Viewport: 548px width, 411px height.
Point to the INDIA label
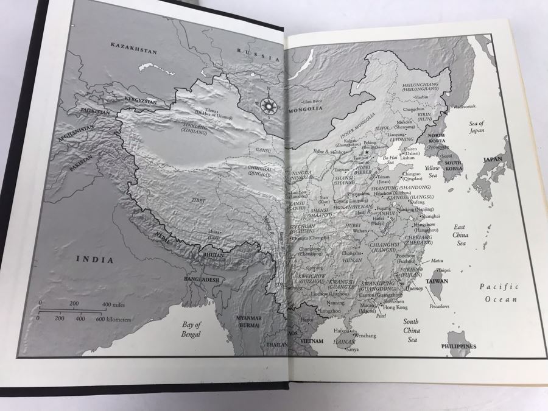tap(94, 260)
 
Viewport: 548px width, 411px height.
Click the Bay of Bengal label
tap(191, 329)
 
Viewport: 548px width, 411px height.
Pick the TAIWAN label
tap(454, 281)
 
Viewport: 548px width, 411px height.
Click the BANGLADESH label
tap(199, 279)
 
